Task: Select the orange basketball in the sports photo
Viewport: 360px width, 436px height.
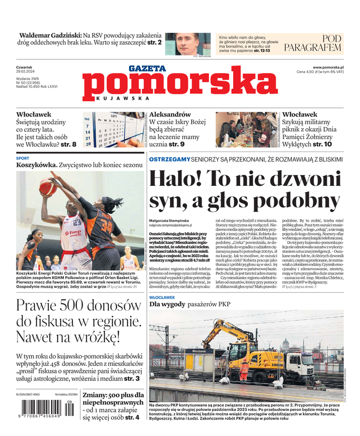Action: (x=48, y=187)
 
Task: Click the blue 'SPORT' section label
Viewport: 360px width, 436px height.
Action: (x=23, y=158)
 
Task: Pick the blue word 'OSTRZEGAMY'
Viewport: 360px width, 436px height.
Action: (x=170, y=159)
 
